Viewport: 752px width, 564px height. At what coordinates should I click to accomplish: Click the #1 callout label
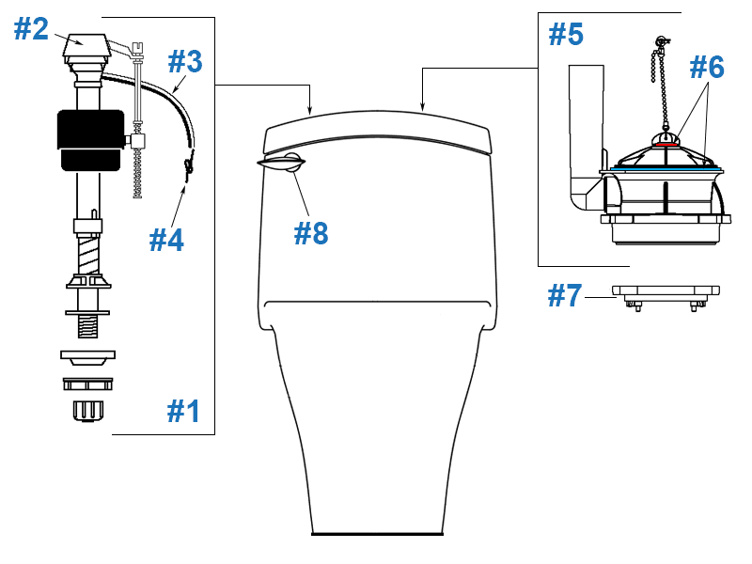183,411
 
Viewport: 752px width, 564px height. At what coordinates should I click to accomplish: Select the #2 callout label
31,29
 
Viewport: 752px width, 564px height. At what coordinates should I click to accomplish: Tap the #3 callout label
185,61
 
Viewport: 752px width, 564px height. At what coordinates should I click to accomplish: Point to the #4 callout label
166,240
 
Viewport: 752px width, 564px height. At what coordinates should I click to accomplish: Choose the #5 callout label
566,34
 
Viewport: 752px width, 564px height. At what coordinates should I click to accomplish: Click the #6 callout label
707,67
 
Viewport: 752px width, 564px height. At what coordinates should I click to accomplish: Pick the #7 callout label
565,295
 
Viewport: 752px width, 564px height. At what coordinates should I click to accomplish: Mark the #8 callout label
311,233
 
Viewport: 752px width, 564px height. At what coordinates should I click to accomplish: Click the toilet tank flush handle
281,162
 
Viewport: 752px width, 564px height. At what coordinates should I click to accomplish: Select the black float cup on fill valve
90,140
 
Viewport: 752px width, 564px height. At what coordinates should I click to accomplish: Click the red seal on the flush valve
666,144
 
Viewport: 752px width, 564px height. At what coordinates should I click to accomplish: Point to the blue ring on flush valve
667,169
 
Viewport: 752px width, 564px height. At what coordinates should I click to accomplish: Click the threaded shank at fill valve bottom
87,326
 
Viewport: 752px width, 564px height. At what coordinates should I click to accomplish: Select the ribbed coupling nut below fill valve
87,411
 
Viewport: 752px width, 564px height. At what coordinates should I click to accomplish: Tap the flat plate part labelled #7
666,290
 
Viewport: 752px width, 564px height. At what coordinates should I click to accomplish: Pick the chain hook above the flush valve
663,41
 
